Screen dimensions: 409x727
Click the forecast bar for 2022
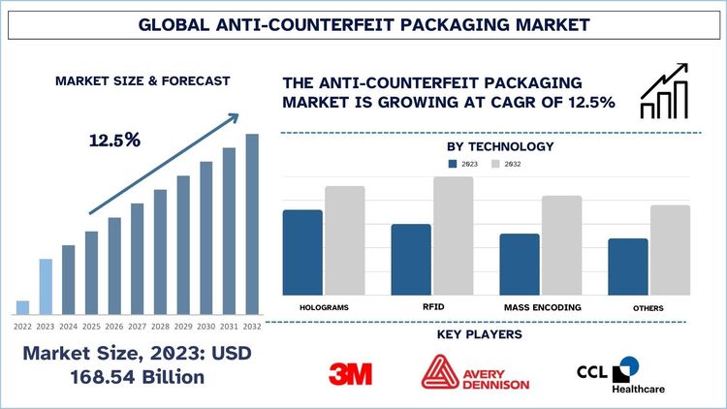pyautogui.click(x=22, y=307)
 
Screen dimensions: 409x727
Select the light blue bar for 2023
pyautogui.click(x=46, y=286)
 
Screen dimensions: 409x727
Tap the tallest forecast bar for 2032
pyautogui.click(x=252, y=224)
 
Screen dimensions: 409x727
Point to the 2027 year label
pyautogui.click(x=138, y=326)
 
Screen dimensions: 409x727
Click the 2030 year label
pyautogui.click(x=206, y=326)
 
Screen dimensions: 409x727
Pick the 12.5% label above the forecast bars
pyautogui.click(x=114, y=140)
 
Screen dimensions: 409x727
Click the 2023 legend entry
pyautogui.click(x=461, y=165)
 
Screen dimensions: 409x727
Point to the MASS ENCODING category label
pyautogui.click(x=543, y=307)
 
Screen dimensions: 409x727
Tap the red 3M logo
pyautogui.click(x=350, y=373)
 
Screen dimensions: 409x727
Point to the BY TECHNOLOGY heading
pyautogui.click(x=500, y=146)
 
